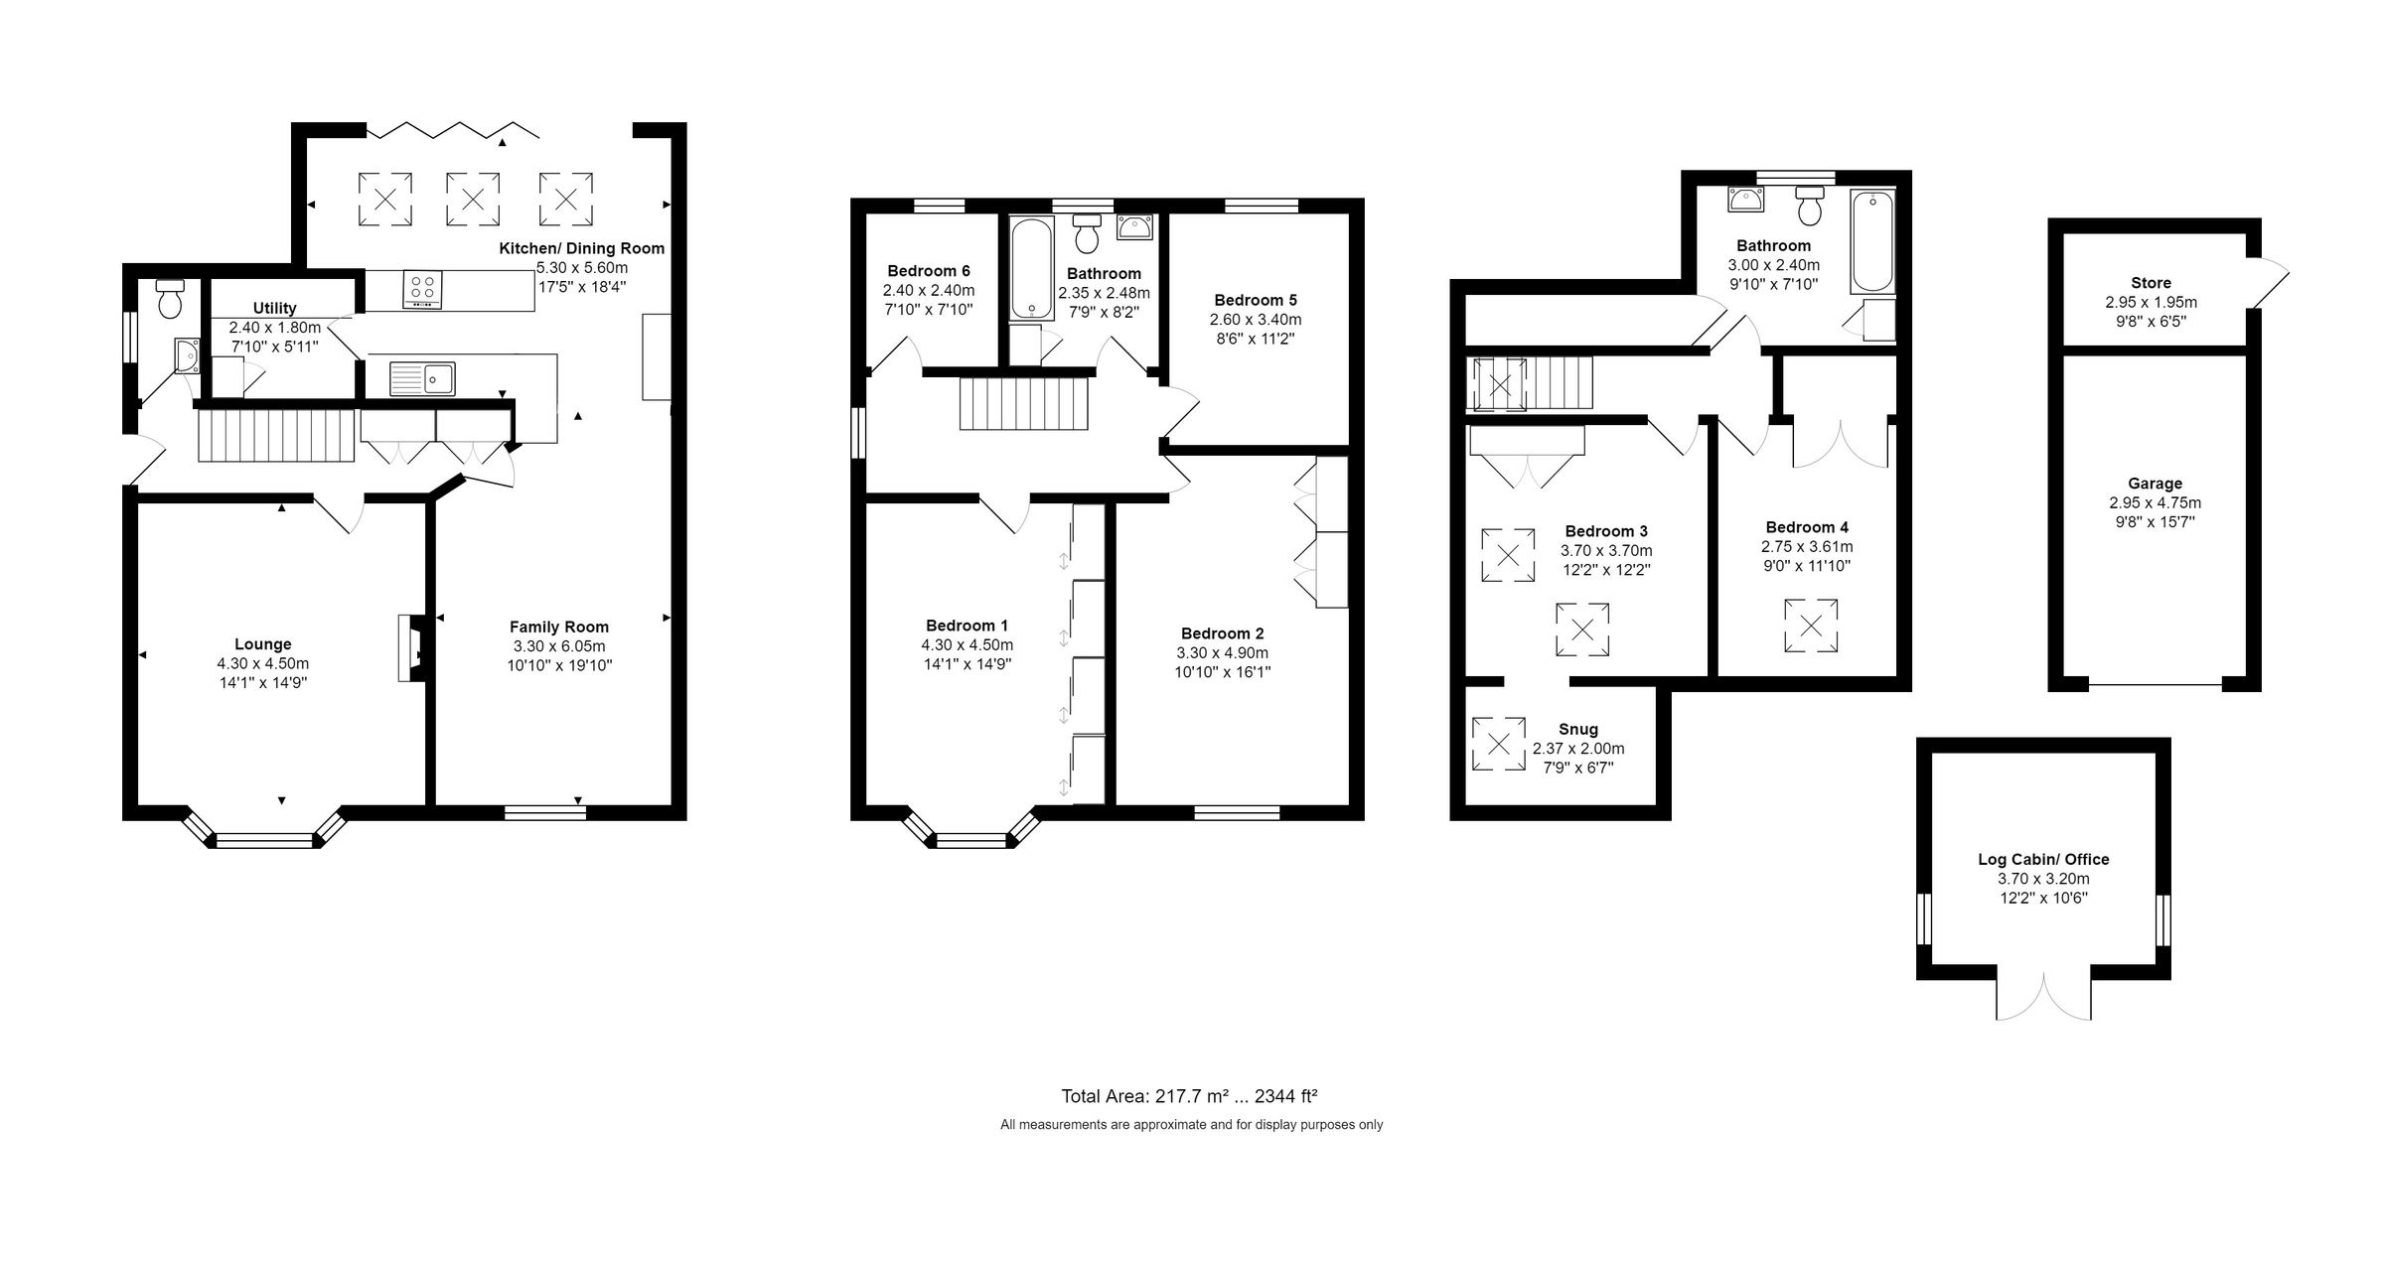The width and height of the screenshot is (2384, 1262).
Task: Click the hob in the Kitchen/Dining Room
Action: click(422, 291)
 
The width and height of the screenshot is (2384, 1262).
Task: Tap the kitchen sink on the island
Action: click(422, 378)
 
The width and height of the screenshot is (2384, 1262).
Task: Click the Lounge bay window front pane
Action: click(264, 841)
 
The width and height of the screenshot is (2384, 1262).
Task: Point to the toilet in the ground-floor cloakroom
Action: click(170, 299)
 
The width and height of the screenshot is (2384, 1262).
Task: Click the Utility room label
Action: click(274, 308)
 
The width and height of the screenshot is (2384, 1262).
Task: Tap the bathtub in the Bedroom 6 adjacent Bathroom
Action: click(1031, 268)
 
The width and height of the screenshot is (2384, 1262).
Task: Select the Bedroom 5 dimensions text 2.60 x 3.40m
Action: click(1256, 320)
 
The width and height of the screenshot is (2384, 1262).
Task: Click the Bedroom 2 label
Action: click(1222, 633)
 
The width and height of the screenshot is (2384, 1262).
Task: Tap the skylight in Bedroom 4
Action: click(1811, 626)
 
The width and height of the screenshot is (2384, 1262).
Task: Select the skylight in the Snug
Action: click(1498, 744)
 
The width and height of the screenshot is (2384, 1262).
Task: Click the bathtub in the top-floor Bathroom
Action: click(1872, 241)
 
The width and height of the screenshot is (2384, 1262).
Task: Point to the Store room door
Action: click(2268, 284)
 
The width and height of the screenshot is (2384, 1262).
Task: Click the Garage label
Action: click(2155, 484)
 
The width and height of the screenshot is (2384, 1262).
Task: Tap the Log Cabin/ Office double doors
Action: click(2044, 998)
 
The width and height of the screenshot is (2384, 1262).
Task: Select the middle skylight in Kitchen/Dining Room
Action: click(473, 199)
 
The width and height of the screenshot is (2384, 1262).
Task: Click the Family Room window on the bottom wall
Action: click(545, 813)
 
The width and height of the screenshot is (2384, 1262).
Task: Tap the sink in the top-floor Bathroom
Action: click(1745, 200)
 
